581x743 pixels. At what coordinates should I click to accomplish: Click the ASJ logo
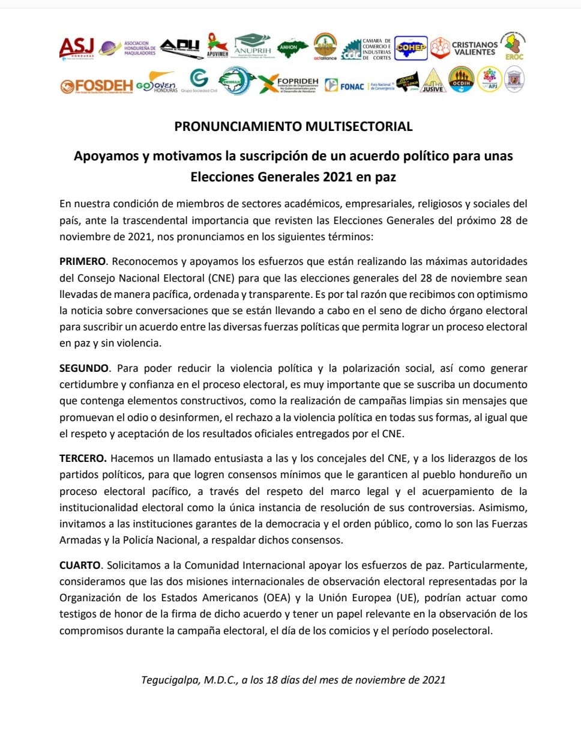[77, 48]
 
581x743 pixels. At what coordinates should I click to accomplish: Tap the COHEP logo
[411, 48]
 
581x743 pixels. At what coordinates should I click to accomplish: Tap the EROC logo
[514, 46]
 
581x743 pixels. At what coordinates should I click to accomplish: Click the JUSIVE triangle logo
[433, 81]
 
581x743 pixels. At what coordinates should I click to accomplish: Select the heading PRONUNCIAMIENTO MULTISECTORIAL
[294, 127]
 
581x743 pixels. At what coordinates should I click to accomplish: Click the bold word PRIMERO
[82, 262]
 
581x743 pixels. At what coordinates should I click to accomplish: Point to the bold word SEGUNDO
[84, 368]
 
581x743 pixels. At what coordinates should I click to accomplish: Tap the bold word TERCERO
[83, 458]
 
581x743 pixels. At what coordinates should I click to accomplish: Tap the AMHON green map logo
[289, 47]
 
